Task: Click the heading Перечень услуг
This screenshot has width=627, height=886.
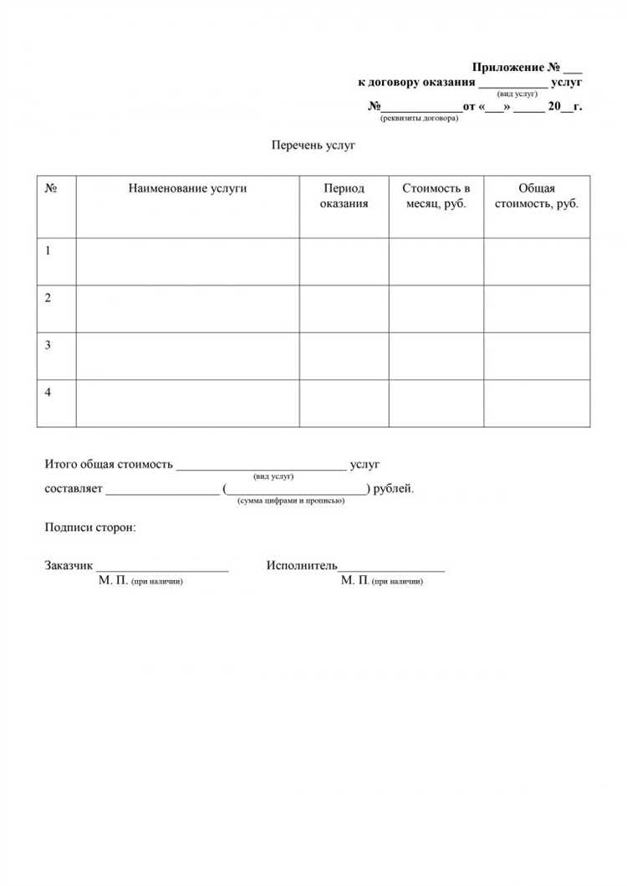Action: coord(313,145)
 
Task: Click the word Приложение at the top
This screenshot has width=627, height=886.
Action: coord(508,67)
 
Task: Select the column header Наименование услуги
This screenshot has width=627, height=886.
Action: coord(188,189)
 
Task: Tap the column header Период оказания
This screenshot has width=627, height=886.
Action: coord(344,196)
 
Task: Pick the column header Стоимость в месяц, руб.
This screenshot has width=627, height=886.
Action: coord(436,196)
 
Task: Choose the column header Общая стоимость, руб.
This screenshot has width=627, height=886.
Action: coord(537,196)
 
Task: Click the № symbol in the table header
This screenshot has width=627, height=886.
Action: coord(51,189)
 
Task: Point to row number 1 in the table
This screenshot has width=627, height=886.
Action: coord(48,250)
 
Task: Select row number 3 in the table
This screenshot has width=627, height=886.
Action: coord(48,345)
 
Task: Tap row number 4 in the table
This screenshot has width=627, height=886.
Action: coord(48,392)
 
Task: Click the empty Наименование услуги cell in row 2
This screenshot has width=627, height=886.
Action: coord(188,308)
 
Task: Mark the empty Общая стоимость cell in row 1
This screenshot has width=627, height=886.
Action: coord(537,262)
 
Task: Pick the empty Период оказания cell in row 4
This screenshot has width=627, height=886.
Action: coord(344,404)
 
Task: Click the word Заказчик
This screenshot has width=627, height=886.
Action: coord(69,566)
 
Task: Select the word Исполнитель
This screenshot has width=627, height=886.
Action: coord(302,566)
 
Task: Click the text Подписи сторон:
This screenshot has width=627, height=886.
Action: coord(89,528)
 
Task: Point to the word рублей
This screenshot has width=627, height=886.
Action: coord(393,489)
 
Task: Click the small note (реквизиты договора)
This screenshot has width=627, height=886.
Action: coord(419,119)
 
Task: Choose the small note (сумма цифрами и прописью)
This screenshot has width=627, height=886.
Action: coord(285,501)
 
